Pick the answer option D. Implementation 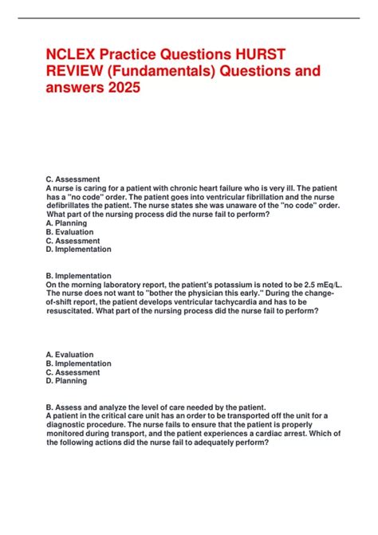coord(79,250)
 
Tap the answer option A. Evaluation coord(70,355)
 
